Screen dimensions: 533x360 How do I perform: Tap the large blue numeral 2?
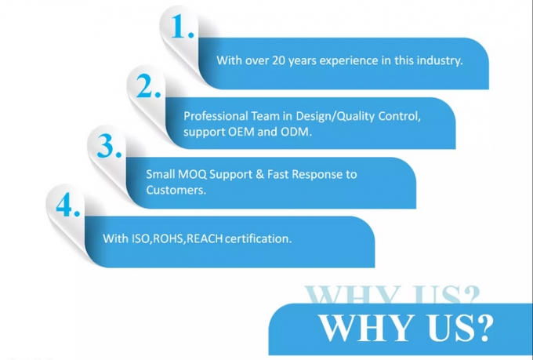[x=145, y=85]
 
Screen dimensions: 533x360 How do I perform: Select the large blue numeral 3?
[x=106, y=145]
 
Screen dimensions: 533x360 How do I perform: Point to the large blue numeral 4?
[x=65, y=205]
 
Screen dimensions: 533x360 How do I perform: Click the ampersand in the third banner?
[x=259, y=175]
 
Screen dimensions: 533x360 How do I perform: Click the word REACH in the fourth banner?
[x=205, y=238]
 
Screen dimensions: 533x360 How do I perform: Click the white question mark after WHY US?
[x=483, y=329]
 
